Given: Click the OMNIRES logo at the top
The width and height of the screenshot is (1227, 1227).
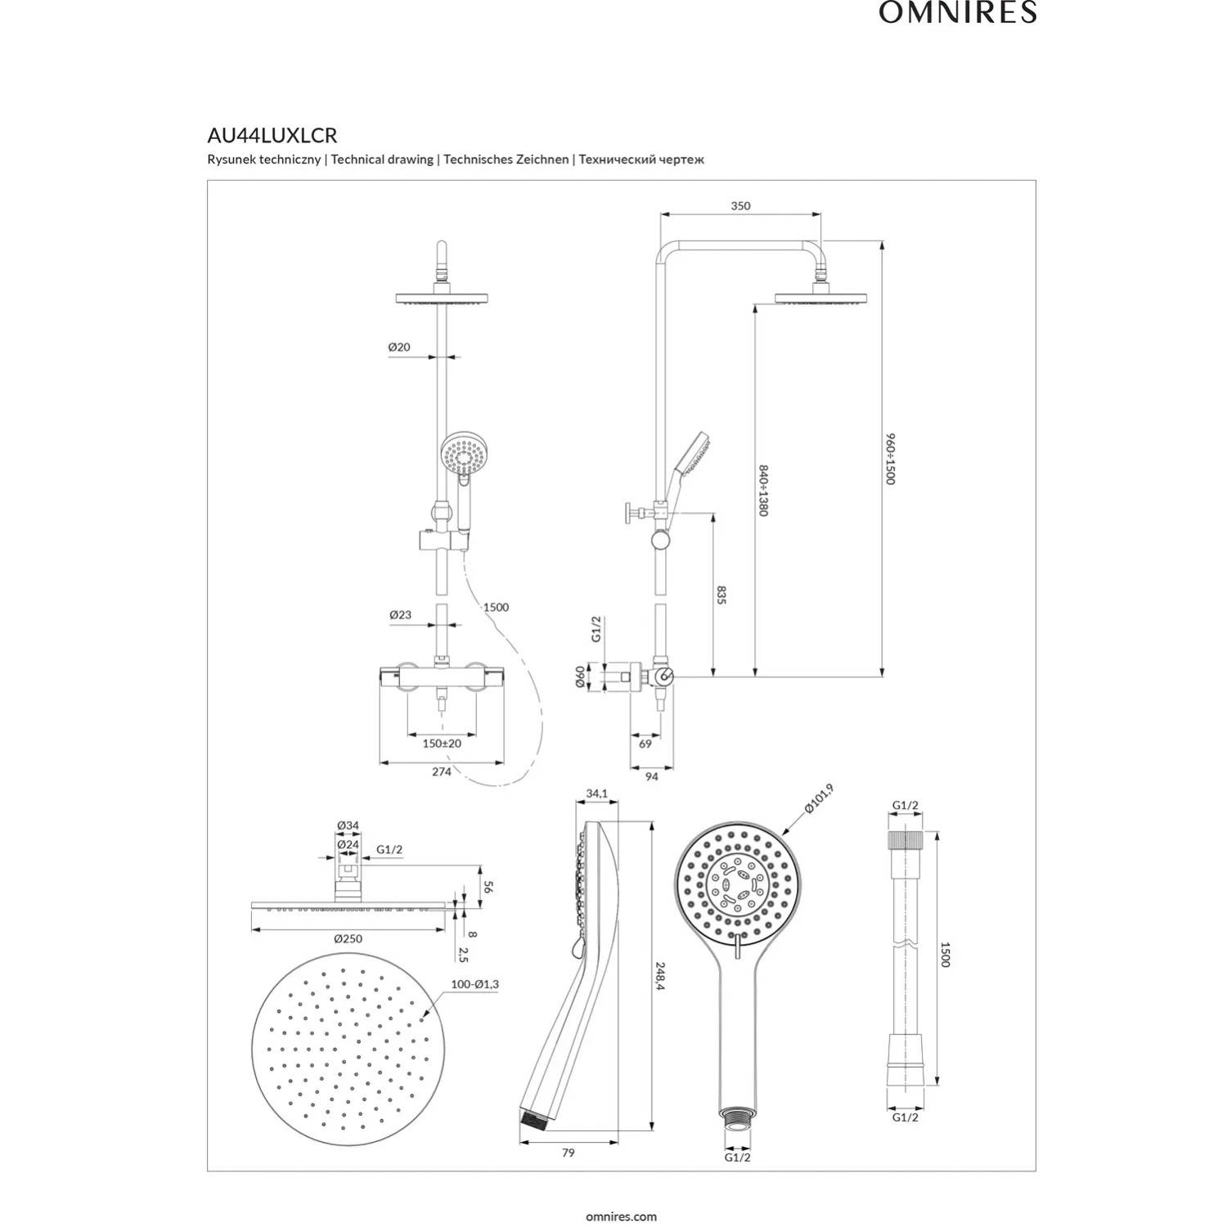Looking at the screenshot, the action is (958, 12).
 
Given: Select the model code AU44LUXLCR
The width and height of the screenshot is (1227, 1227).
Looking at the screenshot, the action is (272, 135).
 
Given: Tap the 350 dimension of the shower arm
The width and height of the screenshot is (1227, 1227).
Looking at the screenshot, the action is (740, 206).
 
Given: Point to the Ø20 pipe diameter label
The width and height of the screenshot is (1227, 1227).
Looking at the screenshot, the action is (399, 347).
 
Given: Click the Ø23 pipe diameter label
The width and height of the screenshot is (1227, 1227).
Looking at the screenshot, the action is (401, 614).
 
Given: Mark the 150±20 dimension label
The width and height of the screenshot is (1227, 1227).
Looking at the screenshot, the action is (442, 744).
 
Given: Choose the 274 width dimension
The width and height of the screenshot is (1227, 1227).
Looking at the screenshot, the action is (442, 771).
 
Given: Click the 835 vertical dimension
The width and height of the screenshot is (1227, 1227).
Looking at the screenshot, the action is (721, 595).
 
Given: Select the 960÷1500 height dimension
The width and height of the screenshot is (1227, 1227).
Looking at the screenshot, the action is (891, 459).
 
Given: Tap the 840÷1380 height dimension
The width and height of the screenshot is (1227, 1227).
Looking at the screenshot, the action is (763, 491).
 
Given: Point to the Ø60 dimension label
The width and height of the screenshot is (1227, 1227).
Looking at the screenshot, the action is (580, 676).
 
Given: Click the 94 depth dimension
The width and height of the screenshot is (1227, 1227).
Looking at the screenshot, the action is (652, 776).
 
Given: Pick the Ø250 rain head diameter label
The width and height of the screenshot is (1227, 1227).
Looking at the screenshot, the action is (348, 938).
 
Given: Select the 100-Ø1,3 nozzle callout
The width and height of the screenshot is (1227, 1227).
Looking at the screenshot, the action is (475, 984).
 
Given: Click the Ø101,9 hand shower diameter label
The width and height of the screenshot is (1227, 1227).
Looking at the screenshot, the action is (819, 798).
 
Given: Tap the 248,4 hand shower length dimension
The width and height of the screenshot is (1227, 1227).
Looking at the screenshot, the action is (660, 976).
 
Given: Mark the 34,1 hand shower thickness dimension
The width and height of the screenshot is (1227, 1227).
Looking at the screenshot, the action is (597, 793).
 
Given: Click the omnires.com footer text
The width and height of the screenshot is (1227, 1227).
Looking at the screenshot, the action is (622, 1216).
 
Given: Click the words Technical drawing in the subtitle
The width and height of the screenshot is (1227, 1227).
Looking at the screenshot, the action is (382, 160).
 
